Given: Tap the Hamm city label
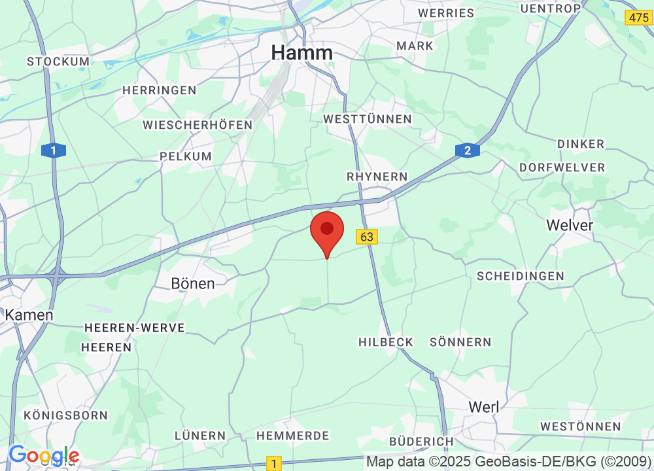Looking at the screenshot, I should pos(302,52).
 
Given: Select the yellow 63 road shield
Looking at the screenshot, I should pos(367,237).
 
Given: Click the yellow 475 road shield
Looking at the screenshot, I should pos(638,18).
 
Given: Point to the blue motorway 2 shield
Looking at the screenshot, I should pos(467,151).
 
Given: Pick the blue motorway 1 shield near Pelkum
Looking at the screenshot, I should pos(53,150).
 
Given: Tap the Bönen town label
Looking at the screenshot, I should pos(192,283).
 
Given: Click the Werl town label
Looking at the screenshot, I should pos(484,407).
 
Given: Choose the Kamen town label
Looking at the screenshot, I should pos(29,315).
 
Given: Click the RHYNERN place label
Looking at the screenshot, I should pos(377,177).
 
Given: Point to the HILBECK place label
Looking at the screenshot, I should pos(386,342).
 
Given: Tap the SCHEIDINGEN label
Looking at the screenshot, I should pos(520,276).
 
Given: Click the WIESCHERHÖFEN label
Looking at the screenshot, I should pos(198,124).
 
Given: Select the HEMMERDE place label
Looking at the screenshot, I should pos(292,435).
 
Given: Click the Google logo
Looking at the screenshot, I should pos(44,455).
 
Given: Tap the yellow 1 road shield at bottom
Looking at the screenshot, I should pos(274,464).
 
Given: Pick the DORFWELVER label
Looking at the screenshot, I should pos(562,167).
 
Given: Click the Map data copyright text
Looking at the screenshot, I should pos(509,462).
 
